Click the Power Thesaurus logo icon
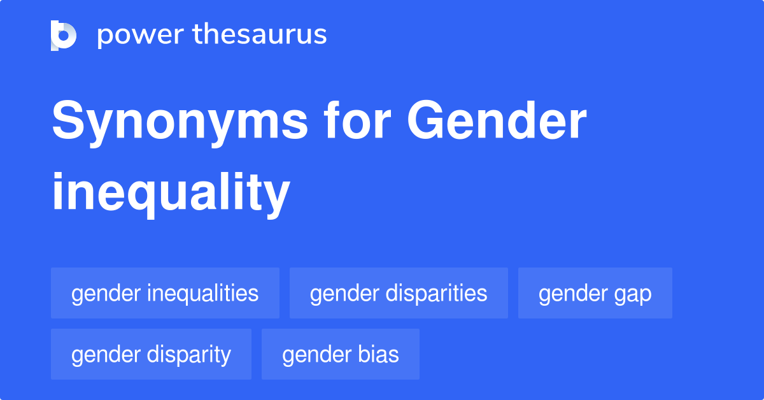[64, 35]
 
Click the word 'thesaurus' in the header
[260, 35]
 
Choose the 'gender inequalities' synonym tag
[165, 293]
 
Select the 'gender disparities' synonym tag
[399, 293]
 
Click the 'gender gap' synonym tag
[595, 293]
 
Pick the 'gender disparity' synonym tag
[151, 354]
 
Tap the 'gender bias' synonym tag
[341, 354]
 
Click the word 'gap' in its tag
[633, 294]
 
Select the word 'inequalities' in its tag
[202, 293]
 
